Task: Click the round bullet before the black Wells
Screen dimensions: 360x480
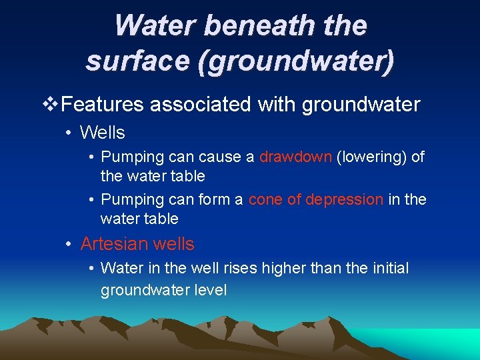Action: pyautogui.click(x=69, y=133)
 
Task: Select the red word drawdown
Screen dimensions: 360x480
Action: pyautogui.click(x=295, y=157)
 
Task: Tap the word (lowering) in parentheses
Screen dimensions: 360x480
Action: pyautogui.click(x=370, y=157)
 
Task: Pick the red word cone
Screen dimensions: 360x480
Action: pyautogui.click(x=264, y=199)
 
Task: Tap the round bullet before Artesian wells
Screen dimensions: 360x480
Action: pyautogui.click(x=69, y=244)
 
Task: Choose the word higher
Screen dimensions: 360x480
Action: pyautogui.click(x=282, y=269)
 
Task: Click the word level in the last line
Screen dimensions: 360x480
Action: pyautogui.click(x=210, y=290)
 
